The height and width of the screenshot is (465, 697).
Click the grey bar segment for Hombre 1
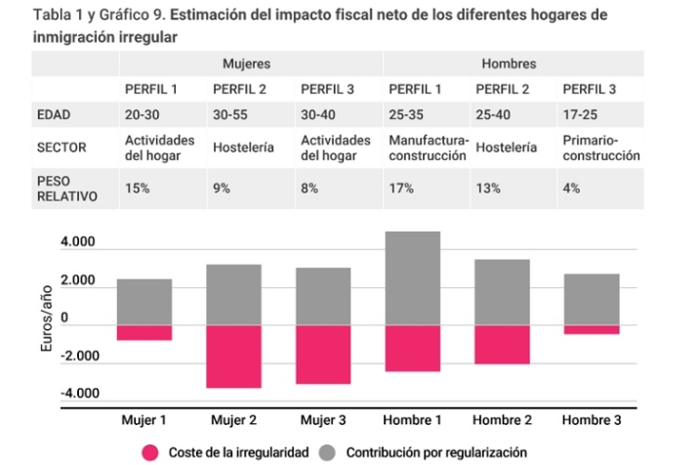tap(412, 278)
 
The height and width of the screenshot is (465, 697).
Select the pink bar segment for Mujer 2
tap(234, 356)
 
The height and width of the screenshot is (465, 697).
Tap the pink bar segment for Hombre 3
tap(591, 329)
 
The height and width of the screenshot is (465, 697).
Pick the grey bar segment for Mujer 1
tap(144, 302)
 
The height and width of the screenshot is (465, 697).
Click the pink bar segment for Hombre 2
tap(502, 344)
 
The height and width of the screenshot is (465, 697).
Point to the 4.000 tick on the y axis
tap(79, 243)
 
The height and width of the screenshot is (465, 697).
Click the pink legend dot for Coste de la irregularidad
tap(149, 452)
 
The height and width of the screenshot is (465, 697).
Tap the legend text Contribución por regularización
tap(436, 452)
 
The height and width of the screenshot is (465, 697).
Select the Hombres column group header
tap(508, 63)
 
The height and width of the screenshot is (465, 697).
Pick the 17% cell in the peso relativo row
tap(400, 188)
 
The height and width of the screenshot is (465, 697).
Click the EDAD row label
tap(57, 114)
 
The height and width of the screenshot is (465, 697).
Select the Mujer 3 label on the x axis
tap(323, 420)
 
